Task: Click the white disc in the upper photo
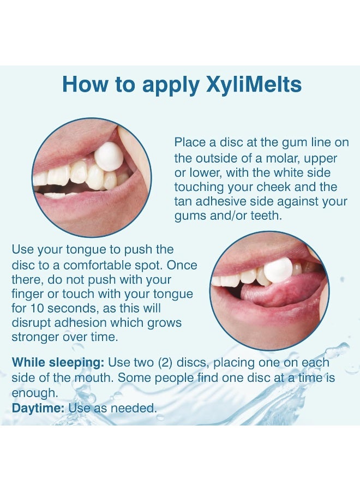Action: pos(109,158)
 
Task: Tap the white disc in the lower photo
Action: pos(278,270)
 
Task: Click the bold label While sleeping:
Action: pos(57,363)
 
